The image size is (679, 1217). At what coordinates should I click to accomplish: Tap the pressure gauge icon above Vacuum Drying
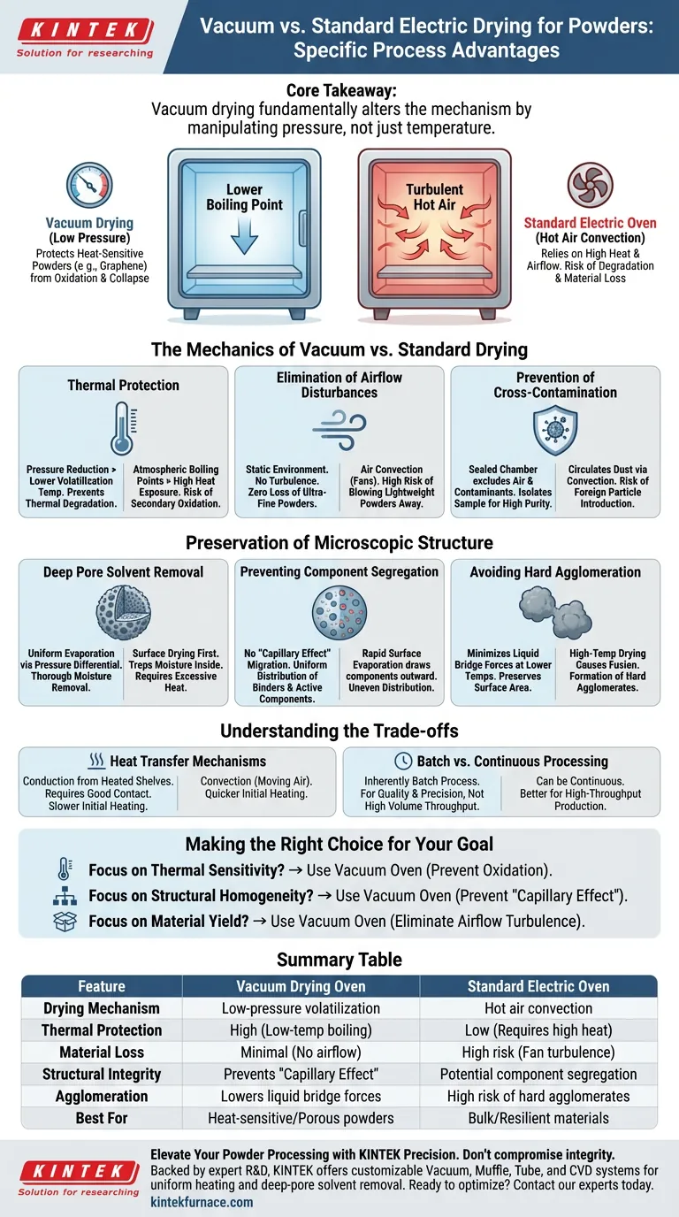point(89,185)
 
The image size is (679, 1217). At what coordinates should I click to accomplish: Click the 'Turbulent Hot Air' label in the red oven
point(434,196)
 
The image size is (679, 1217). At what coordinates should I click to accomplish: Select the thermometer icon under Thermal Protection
point(123,428)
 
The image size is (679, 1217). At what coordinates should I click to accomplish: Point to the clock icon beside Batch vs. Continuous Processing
point(402,761)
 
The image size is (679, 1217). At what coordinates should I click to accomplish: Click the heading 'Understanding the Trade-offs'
point(339,731)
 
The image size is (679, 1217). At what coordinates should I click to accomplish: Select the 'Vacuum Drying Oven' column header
point(300,986)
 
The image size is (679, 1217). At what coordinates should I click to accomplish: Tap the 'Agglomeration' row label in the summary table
point(102,1096)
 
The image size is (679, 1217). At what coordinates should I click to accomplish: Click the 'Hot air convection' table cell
point(538,1008)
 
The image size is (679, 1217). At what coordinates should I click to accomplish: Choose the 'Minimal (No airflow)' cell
point(300,1052)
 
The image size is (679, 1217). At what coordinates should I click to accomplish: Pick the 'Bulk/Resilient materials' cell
point(538,1118)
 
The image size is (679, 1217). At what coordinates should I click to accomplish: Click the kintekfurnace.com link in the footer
point(202,1202)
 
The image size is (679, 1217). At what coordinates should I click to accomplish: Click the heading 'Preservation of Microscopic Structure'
point(339,542)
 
